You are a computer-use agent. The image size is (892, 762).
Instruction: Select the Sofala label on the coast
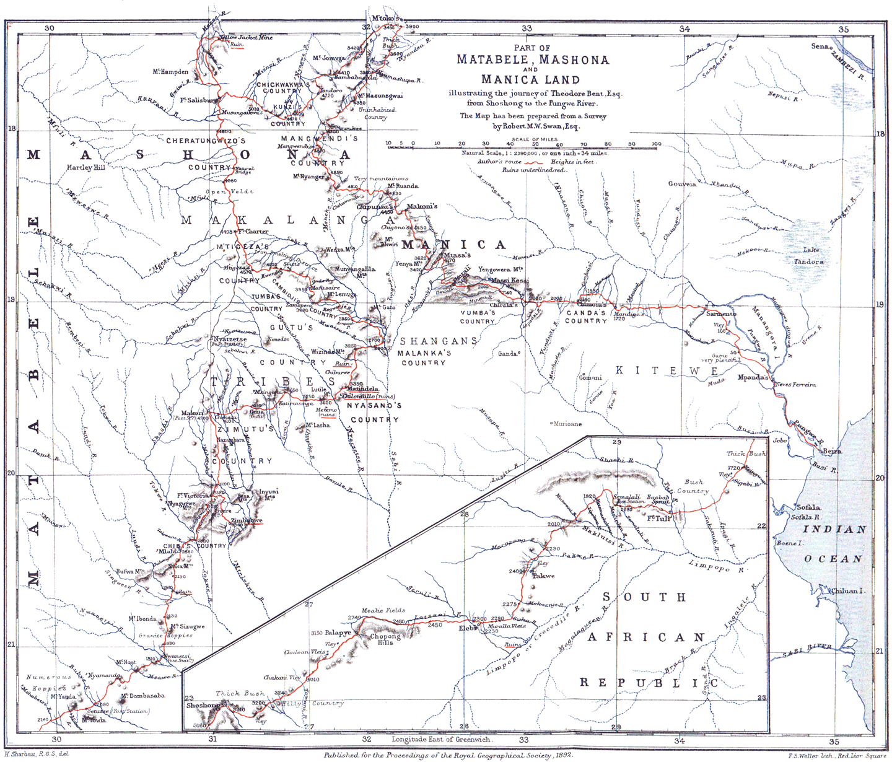(x=808, y=507)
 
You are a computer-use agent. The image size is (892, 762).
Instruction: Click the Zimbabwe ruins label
(x=247, y=521)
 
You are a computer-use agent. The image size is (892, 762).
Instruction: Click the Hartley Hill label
(x=86, y=167)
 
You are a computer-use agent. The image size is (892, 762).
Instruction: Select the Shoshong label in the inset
(x=202, y=706)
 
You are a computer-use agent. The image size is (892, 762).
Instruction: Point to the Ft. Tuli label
(x=660, y=519)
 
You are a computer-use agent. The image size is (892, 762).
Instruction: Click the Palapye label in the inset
(x=338, y=633)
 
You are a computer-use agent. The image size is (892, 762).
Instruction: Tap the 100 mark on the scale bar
(x=656, y=144)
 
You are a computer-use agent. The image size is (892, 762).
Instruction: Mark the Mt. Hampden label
(x=170, y=72)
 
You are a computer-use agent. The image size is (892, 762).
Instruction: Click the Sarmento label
(x=721, y=313)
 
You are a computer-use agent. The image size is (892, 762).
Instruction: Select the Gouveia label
(x=682, y=184)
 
